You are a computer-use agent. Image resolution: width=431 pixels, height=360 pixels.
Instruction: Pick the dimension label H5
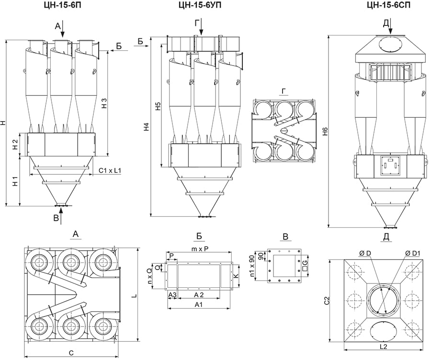tap(159, 106)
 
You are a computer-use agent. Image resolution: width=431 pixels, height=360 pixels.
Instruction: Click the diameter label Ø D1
tap(412, 253)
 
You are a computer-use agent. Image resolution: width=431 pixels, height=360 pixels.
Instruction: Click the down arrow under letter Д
tap(390, 26)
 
